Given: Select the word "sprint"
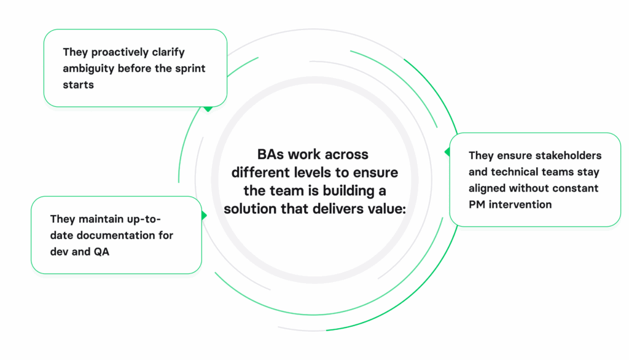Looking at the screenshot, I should click(x=189, y=68).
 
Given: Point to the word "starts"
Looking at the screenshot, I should click(x=78, y=84).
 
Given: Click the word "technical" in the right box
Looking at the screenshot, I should click(x=515, y=171).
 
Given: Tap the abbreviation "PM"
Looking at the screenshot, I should click(x=478, y=205).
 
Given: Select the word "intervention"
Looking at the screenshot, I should click(x=521, y=205).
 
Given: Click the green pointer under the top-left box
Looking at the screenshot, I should click(x=208, y=109).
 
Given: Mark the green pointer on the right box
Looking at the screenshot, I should click(x=447, y=151).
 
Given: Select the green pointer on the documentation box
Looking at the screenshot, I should click(x=204, y=215).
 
